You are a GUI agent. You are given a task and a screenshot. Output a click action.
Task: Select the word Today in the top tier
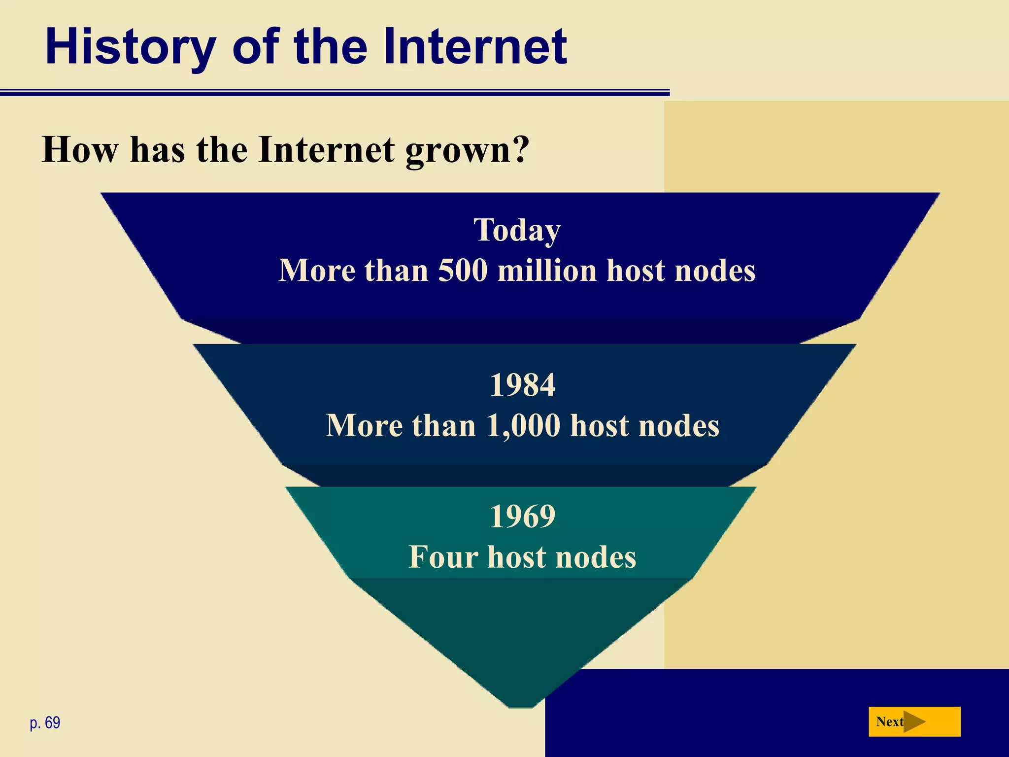pos(517,230)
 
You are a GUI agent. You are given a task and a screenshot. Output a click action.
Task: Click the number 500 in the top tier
pos(463,271)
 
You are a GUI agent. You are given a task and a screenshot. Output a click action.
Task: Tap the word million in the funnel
pos(547,271)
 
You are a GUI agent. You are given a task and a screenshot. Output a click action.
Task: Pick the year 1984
pos(522,385)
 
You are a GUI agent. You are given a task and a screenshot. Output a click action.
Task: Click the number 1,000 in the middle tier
pos(523,425)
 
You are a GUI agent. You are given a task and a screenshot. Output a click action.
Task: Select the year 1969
pos(522,516)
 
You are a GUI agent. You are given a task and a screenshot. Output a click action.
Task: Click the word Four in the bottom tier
pos(443,557)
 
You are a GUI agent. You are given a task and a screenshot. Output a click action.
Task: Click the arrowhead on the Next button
pos(914,722)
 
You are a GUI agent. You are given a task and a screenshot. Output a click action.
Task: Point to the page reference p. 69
pos(45,723)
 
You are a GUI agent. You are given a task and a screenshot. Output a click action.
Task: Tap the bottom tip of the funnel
pos(521,706)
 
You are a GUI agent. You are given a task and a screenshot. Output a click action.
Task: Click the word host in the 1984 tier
pos(600,425)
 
